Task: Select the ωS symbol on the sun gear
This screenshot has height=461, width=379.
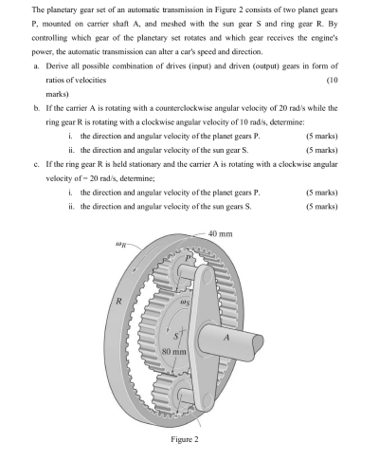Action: pos(190,303)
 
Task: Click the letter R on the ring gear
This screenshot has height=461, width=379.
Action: pos(119,303)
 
